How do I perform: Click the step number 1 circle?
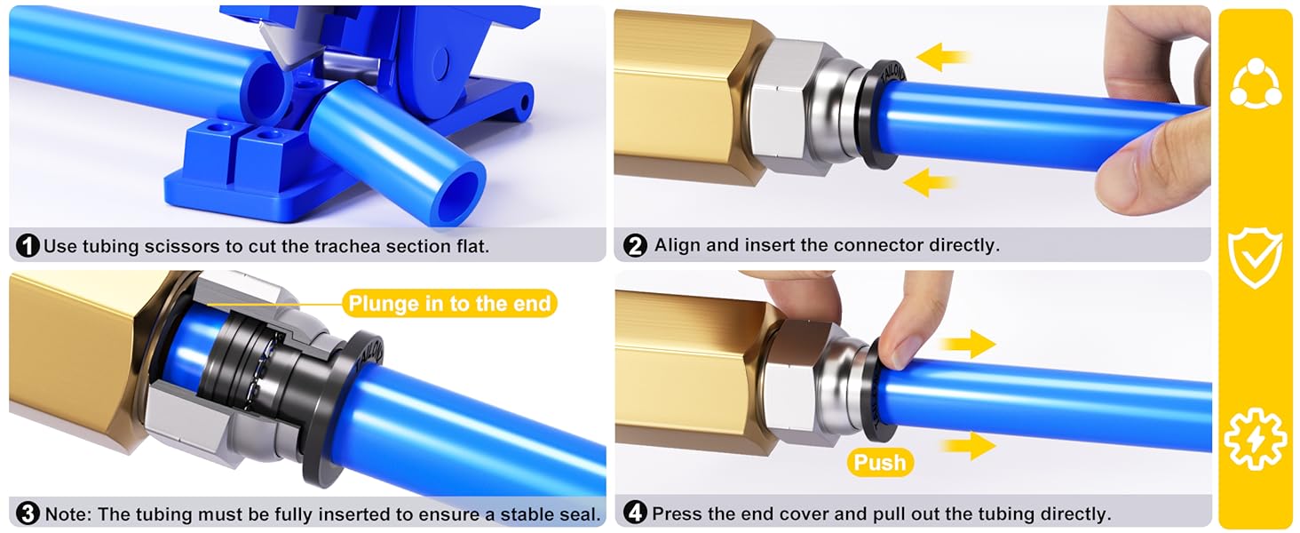tap(28, 246)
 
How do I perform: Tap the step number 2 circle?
tap(635, 245)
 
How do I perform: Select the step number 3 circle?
tap(28, 513)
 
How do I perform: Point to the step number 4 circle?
tap(635, 513)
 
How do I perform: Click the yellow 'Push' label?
tap(880, 462)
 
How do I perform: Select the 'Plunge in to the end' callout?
tap(449, 303)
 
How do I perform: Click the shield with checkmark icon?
tap(1256, 258)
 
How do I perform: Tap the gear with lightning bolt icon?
tap(1256, 439)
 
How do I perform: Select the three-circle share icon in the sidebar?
tap(1256, 83)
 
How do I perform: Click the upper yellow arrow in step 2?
tap(941, 57)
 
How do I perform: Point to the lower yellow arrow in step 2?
tap(929, 183)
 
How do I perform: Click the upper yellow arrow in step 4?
tap(968, 345)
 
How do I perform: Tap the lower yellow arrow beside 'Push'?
tap(968, 446)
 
